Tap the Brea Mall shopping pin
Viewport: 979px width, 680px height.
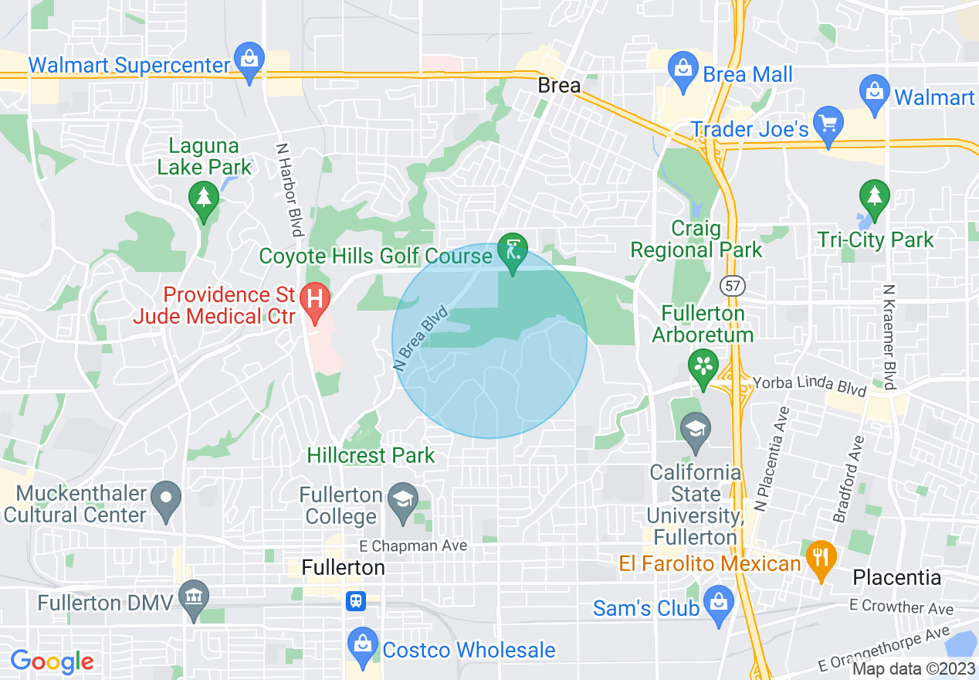tap(683, 67)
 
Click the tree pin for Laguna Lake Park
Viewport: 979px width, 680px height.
tap(204, 199)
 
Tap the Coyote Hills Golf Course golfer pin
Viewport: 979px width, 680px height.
tap(513, 250)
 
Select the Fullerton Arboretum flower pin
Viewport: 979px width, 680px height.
tap(703, 365)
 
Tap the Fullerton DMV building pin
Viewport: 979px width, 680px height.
tap(192, 597)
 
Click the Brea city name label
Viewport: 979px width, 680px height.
tap(558, 86)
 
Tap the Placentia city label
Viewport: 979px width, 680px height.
tap(896, 577)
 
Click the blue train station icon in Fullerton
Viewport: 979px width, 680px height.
tap(355, 600)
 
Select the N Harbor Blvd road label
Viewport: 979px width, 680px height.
tap(292, 189)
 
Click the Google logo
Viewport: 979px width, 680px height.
tap(52, 661)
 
